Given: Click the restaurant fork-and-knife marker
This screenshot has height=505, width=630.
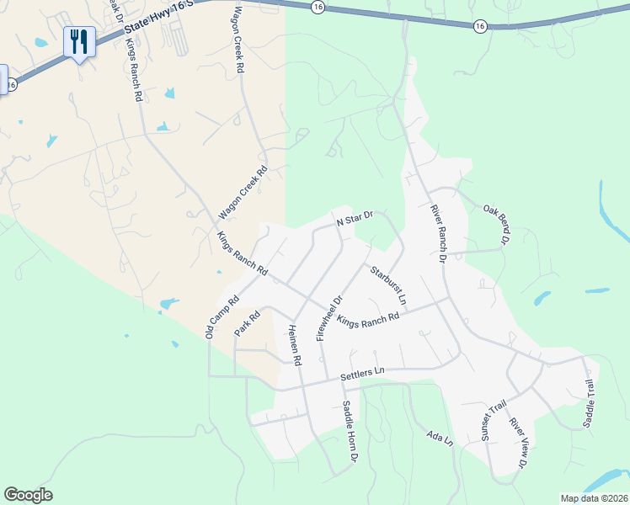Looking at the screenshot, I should (x=80, y=41).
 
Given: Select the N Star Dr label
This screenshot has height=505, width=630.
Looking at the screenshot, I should (x=354, y=220).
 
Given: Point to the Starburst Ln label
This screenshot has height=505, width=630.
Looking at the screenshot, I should (x=388, y=284).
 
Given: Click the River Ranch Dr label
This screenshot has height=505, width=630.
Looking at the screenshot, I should (x=436, y=233).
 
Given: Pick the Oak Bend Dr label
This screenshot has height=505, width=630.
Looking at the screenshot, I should (x=496, y=225).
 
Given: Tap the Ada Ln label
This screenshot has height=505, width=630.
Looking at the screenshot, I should (x=440, y=438).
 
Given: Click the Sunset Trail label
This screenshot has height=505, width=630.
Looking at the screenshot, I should (x=493, y=421).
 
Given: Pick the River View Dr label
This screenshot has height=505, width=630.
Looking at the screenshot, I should (x=519, y=442).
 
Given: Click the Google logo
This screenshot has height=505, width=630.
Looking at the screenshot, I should (x=28, y=495).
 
